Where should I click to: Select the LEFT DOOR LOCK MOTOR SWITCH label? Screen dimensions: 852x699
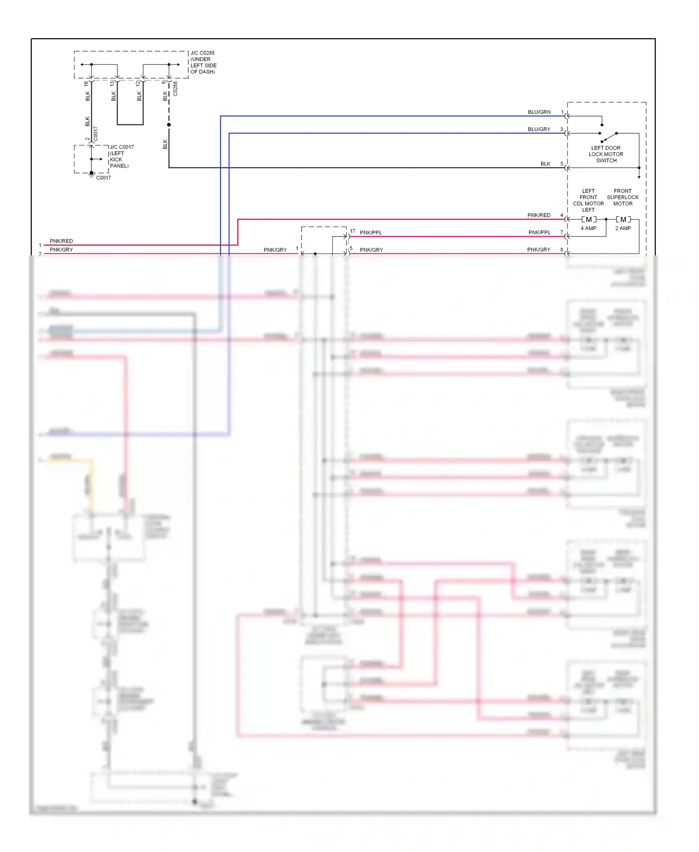click(605, 154)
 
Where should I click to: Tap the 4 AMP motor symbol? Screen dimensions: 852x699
click(589, 220)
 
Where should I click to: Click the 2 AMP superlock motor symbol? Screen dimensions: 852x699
click(623, 220)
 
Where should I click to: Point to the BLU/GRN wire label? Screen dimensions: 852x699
click(539, 112)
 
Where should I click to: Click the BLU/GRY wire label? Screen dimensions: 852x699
click(539, 130)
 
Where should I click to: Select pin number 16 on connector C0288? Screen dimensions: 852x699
click(86, 84)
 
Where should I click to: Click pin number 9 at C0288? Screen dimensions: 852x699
click(164, 82)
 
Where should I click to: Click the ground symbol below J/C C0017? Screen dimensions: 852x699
click(91, 175)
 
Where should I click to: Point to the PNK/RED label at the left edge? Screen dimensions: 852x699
click(61, 241)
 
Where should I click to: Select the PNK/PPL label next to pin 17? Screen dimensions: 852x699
click(370, 233)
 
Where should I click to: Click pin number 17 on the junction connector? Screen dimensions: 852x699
click(353, 231)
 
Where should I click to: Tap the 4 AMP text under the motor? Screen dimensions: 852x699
click(588, 228)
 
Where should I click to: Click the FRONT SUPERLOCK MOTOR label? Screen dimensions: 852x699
click(623, 197)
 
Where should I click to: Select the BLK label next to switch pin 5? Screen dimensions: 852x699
click(545, 164)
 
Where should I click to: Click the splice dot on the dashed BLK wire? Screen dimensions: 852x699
click(169, 125)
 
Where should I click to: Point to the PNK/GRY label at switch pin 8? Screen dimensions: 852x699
click(538, 250)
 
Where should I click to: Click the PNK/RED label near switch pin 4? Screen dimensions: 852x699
click(539, 215)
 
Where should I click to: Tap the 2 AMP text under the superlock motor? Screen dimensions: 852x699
click(623, 228)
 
